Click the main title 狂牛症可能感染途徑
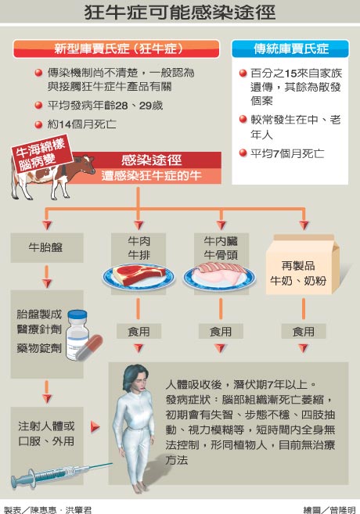pyautogui.click(x=180, y=13)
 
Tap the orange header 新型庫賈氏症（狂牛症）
pyautogui.click(x=117, y=49)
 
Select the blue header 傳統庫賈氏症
pyautogui.click(x=290, y=49)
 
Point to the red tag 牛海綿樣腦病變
pyautogui.click(x=41, y=153)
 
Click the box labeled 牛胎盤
pyautogui.click(x=46, y=247)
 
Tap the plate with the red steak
pyautogui.click(x=139, y=276)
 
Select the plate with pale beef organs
pyautogui.click(x=219, y=276)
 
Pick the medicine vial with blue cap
pyautogui.click(x=77, y=335)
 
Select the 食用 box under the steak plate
pyautogui.click(x=139, y=331)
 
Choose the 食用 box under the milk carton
pyautogui.click(x=304, y=331)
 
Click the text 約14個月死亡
pyautogui.click(x=81, y=124)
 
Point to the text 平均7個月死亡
pyautogui.click(x=287, y=153)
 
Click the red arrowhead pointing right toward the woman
pyautogui.click(x=95, y=427)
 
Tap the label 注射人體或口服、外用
pyautogui.click(x=46, y=433)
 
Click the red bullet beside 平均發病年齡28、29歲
pyautogui.click(x=38, y=106)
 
